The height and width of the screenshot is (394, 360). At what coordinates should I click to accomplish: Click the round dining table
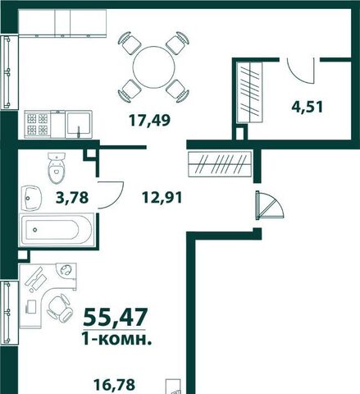pos(153,67)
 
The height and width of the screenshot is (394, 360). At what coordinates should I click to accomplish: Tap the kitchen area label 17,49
pos(150,121)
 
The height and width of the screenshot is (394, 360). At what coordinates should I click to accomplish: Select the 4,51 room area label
pos(308,107)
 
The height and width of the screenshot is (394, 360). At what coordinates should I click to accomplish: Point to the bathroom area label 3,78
pos(72,197)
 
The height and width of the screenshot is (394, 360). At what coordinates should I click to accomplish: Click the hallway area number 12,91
pos(162,197)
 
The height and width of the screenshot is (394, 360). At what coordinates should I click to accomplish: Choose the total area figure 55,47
pos(115,317)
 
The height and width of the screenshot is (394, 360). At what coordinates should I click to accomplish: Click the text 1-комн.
pos(116,339)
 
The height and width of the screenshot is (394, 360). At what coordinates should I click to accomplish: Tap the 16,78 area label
pos(114,385)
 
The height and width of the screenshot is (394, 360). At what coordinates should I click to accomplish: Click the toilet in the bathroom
pos(57,167)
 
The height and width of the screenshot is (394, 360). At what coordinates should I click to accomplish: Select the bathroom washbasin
pos(31,198)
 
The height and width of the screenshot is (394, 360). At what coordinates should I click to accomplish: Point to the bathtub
pos(57,230)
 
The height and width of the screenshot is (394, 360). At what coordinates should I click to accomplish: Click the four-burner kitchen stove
pos(38,124)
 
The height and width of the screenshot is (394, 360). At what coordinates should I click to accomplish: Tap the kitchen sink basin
pos(79,125)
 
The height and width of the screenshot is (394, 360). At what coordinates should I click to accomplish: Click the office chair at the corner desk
pos(60,308)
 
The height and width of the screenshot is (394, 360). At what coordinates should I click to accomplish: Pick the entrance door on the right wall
pos(270,205)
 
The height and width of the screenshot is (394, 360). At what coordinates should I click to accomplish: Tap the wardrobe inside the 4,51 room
pos(250,92)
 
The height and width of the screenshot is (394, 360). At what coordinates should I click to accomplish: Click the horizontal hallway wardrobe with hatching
pos(220,164)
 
